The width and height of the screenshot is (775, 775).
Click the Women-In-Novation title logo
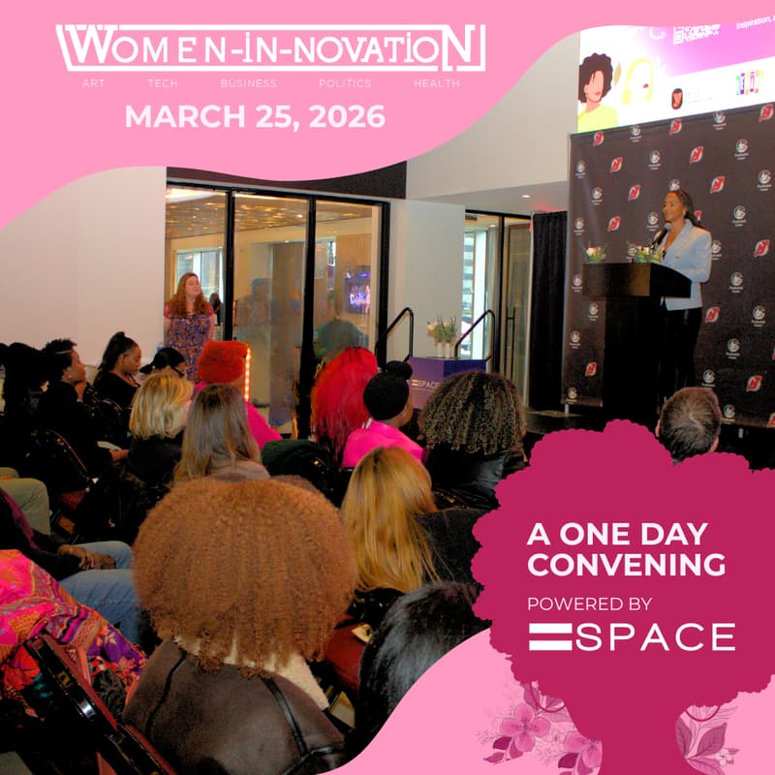[270, 47]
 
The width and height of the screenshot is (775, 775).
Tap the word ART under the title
[94, 84]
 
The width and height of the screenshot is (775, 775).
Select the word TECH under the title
[162, 84]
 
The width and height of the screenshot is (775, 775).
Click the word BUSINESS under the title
[248, 84]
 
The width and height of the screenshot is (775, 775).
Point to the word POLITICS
[345, 84]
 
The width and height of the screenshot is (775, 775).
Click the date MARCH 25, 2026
[255, 117]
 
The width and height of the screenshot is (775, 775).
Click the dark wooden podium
[635, 329]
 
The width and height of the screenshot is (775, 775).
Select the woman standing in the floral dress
[188, 320]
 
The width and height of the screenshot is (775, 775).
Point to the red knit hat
[222, 361]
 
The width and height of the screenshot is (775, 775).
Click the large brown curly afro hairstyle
[242, 562]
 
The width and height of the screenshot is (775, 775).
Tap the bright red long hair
[342, 397]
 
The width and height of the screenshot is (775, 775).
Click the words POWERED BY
[589, 604]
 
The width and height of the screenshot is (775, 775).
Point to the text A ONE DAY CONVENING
[626, 548]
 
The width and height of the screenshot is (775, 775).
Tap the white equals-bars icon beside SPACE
[550, 636]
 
